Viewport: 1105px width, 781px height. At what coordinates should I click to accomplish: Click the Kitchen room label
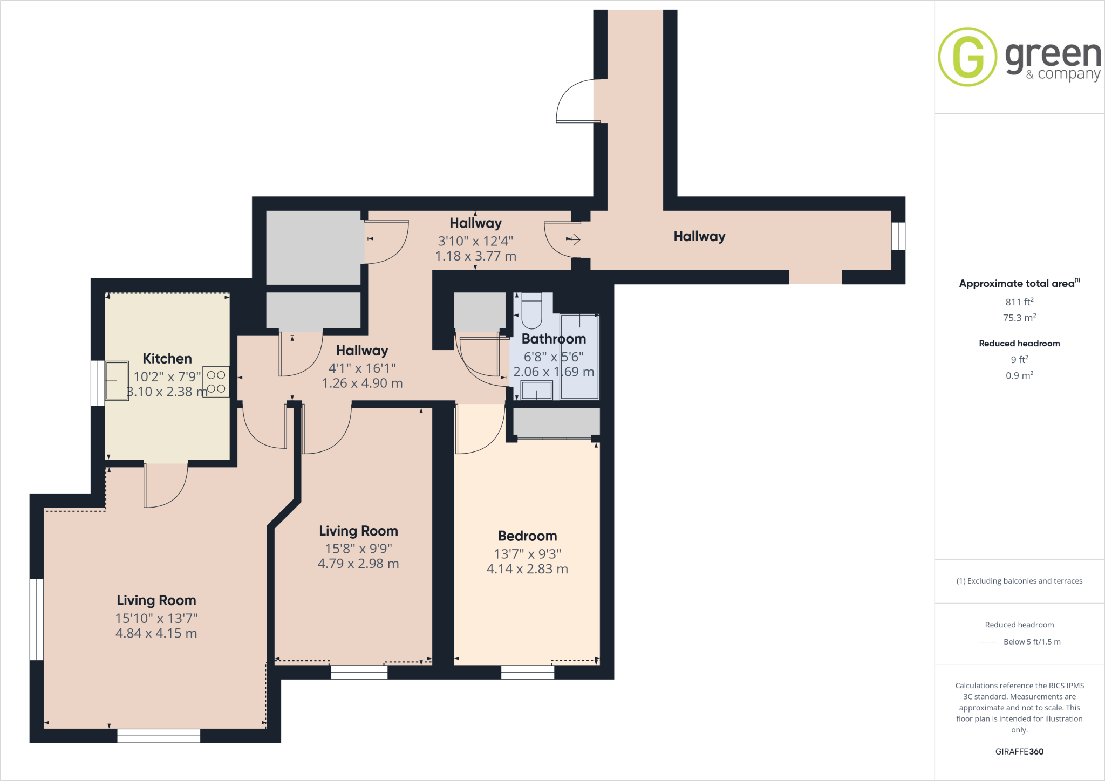point(167,359)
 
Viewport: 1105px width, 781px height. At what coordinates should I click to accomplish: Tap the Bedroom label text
point(527,536)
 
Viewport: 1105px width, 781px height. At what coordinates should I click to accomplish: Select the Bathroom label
point(554,339)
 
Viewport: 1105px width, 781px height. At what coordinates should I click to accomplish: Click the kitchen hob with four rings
point(216,381)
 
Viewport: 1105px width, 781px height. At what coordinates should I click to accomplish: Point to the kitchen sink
point(117,380)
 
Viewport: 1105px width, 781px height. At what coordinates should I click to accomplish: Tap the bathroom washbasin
point(537,390)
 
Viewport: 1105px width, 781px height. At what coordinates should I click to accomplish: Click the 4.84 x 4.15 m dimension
point(156,633)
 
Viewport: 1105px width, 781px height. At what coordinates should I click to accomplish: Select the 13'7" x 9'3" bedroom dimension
point(527,554)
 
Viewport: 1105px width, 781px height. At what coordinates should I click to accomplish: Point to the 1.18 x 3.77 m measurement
point(475,256)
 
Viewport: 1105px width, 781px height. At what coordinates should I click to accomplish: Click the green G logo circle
point(967,57)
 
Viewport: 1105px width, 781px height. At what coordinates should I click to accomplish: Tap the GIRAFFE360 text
point(1019,751)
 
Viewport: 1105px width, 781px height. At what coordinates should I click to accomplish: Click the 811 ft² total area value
point(1019,302)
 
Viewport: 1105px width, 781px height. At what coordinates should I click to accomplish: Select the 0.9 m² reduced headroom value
point(1019,375)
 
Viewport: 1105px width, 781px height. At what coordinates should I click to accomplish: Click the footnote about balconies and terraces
point(1019,581)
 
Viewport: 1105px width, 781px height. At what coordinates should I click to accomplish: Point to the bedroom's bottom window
point(527,672)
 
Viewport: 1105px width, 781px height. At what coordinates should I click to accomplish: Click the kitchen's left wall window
point(98,383)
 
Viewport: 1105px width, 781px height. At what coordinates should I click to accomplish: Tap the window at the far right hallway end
point(898,236)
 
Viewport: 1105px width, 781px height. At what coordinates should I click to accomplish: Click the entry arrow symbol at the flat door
point(573,239)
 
